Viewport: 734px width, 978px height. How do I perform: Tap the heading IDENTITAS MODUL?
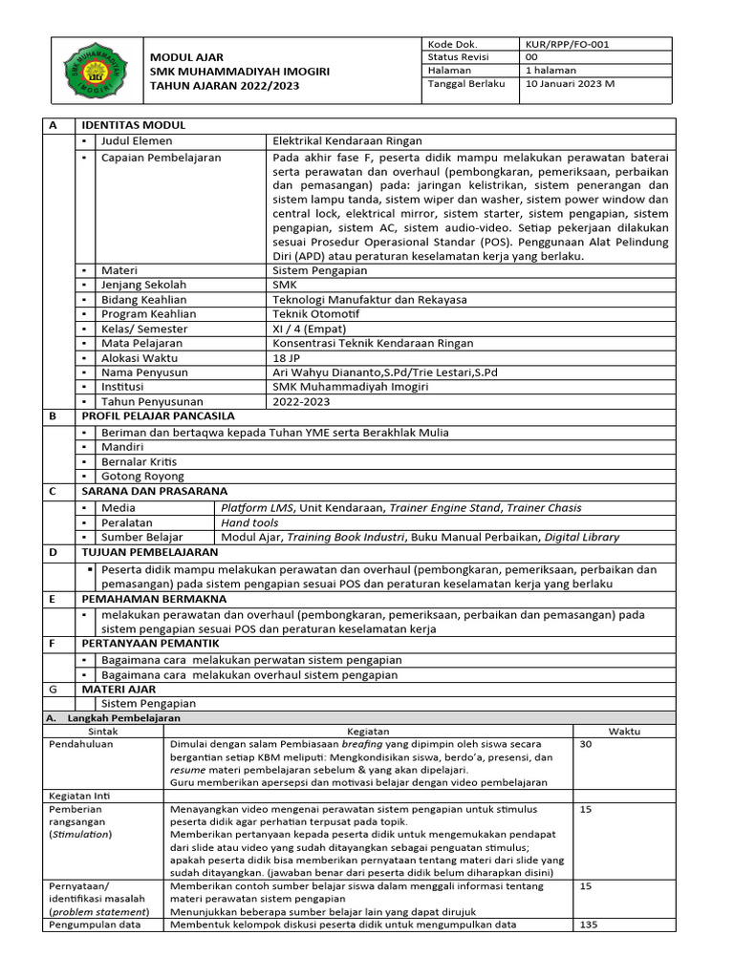tap(134, 125)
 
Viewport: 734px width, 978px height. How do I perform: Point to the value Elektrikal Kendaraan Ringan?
tap(347, 140)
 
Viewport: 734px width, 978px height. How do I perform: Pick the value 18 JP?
tap(288, 356)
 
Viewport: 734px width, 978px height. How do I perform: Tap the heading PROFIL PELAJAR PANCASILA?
tap(158, 415)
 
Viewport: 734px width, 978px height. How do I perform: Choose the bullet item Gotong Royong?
tap(142, 476)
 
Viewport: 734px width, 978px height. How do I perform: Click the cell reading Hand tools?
tap(249, 522)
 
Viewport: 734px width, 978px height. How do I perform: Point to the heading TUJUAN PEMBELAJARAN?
tap(149, 552)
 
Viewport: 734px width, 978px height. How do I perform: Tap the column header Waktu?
tap(624, 731)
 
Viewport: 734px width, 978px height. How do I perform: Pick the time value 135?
tap(590, 925)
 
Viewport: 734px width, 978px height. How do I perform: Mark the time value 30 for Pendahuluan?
tap(586, 744)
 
